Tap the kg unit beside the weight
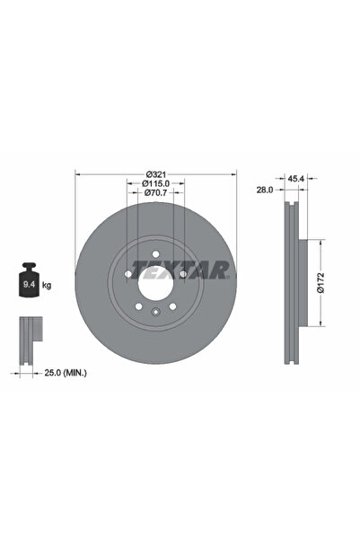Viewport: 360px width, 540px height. tap(46, 285)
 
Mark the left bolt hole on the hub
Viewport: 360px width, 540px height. tap(126, 273)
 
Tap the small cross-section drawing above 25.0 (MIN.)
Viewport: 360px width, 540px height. tap(30, 336)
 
